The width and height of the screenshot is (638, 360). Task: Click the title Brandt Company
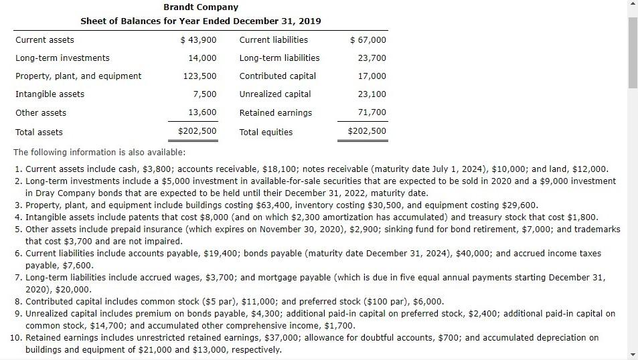(200, 7)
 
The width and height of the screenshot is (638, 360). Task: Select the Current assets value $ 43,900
(199, 39)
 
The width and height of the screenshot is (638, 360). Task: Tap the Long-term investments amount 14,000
(203, 58)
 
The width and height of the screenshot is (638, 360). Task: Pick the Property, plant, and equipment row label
(78, 76)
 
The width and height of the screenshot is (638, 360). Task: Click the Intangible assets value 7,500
(205, 94)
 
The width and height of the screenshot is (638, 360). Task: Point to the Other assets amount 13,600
(203, 112)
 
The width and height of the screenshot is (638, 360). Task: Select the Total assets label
(39, 132)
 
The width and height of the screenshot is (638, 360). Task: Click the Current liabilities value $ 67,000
(368, 39)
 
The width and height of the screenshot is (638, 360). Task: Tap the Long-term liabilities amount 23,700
(372, 58)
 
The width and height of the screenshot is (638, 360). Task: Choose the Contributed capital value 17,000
(372, 76)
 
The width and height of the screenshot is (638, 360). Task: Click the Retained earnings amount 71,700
(372, 112)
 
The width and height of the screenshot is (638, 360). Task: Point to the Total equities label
(266, 132)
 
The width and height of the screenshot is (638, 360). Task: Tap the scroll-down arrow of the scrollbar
(633, 354)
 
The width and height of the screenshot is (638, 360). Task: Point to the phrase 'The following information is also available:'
(91, 152)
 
